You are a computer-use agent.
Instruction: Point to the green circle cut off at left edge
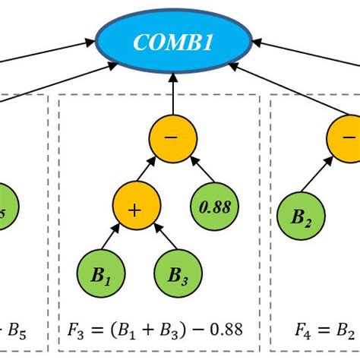click(x=6, y=205)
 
